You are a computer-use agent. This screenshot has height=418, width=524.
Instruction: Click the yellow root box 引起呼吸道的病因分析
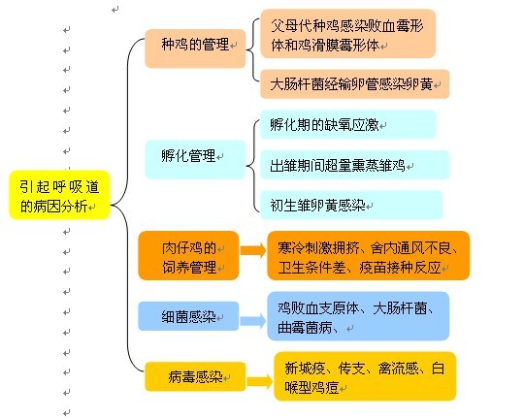point(59,195)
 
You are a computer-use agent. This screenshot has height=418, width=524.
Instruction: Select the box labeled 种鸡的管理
point(195,48)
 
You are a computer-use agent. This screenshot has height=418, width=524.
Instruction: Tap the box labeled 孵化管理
point(195,159)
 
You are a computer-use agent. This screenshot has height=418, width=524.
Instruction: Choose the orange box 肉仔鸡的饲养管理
point(188,256)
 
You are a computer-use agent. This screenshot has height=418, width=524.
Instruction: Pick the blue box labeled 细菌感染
point(188,316)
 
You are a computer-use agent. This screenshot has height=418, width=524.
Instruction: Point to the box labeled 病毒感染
point(195,376)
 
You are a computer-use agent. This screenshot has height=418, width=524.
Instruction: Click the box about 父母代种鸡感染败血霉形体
point(348,33)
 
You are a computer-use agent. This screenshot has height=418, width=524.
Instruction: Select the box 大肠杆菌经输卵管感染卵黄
point(354,83)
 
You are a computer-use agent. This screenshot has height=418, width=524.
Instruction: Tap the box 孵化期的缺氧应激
point(348,124)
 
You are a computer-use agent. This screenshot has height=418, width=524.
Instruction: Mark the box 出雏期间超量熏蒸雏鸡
point(354,165)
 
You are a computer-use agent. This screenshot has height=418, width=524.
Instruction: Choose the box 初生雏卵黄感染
point(351,205)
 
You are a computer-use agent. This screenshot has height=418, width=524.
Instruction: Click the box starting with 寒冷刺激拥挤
point(369,256)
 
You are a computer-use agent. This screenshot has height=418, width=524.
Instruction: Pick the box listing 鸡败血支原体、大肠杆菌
point(358,316)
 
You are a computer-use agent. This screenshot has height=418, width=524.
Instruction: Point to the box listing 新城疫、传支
point(365,376)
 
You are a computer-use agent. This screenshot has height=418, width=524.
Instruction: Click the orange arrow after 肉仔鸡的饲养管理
point(253,250)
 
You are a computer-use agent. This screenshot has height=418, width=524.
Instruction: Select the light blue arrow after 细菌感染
point(253,321)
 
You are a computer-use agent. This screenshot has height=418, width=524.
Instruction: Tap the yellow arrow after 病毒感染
point(260,381)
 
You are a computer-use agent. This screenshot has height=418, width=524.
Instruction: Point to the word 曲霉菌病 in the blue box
point(305,328)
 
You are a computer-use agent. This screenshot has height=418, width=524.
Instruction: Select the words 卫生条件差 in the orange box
point(311,268)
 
